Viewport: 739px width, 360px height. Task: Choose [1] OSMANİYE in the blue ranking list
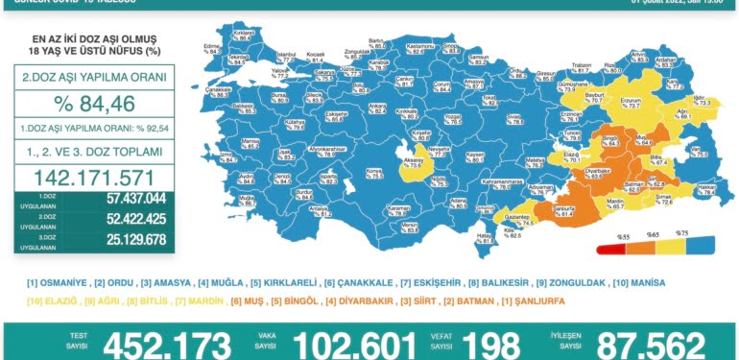(59, 283)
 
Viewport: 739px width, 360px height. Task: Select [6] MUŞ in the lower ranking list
(249, 301)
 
